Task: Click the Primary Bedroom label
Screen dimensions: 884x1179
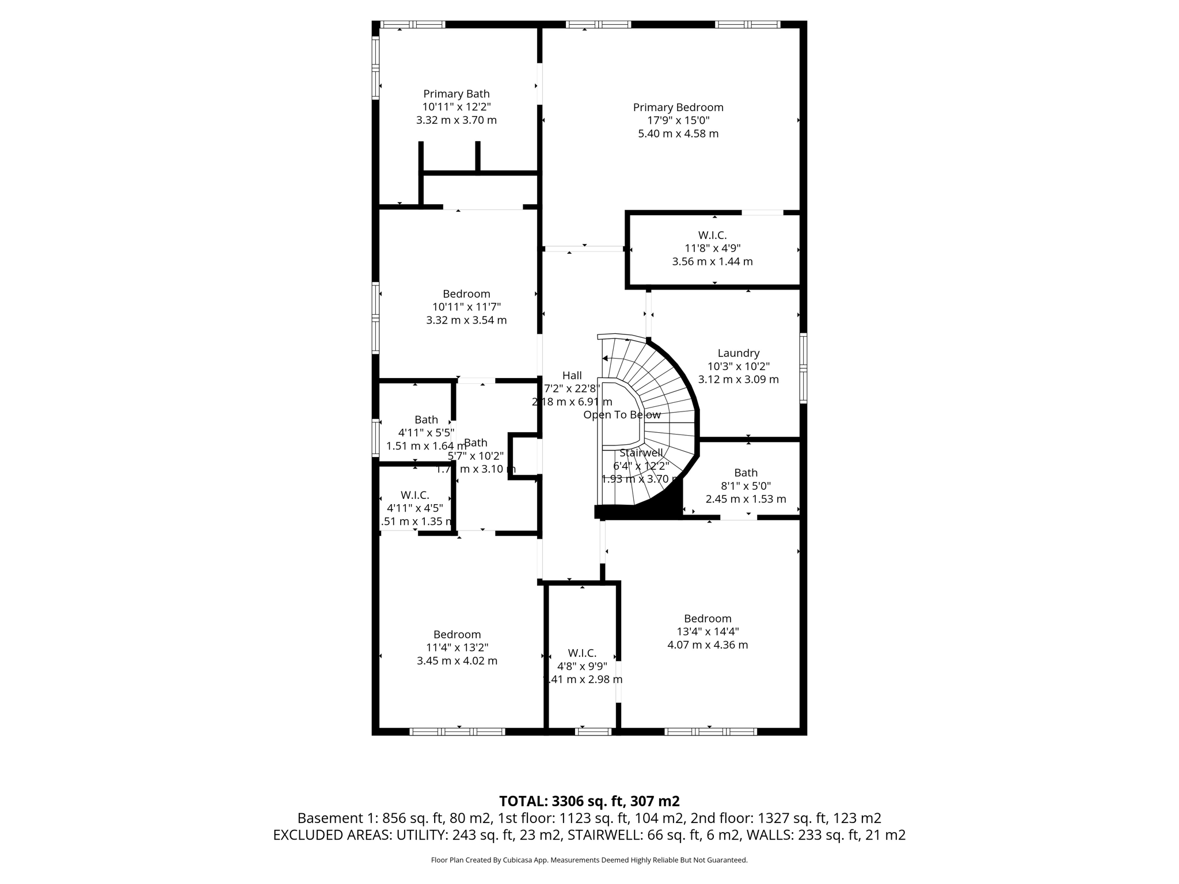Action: [678, 107]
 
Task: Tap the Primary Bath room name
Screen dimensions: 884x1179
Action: [456, 94]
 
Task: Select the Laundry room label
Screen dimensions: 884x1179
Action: [738, 353]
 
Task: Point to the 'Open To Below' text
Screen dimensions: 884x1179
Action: [622, 415]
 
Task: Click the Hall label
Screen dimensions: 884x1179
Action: [572, 375]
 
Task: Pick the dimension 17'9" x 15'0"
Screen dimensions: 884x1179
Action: [678, 120]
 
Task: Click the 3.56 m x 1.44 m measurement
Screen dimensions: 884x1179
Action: [712, 261]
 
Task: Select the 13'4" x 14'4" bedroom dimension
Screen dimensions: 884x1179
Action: [707, 631]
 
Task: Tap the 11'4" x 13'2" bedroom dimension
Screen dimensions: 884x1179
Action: [457, 647]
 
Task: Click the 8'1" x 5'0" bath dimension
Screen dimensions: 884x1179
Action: [745, 486]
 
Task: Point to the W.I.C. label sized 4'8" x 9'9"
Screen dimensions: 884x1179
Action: [581, 653]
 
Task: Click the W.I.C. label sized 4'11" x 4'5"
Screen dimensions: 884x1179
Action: [414, 495]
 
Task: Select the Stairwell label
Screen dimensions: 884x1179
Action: [641, 452]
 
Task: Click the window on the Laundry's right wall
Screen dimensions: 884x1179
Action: [803, 368]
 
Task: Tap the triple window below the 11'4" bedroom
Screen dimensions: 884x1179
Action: [457, 731]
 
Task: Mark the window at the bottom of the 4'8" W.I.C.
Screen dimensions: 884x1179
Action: [593, 731]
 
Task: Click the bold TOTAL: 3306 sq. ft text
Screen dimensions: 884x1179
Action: [588, 801]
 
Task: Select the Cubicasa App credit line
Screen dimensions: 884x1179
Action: [588, 860]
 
